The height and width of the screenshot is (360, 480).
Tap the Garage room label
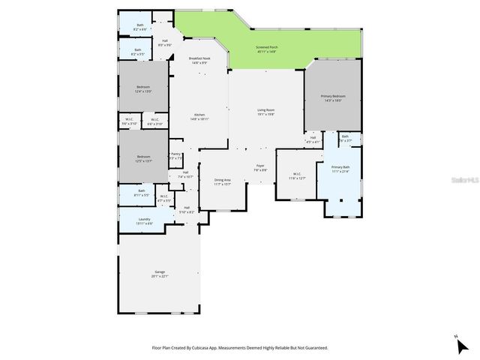160,271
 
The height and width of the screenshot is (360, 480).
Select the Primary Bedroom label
333,96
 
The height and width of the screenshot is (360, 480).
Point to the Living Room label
266,110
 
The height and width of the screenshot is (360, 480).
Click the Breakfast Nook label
199,58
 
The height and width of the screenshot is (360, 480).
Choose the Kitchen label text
199,114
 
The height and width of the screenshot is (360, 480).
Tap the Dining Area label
223,179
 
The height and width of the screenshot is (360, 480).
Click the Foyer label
260,166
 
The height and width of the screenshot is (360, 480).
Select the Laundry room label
144,219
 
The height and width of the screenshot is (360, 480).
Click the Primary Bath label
340,167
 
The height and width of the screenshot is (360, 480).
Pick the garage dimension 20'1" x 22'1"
160,276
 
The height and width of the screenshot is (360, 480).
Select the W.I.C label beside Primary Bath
297,174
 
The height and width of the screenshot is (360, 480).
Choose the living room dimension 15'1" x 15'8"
266,115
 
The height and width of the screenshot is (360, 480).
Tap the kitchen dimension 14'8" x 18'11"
199,118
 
